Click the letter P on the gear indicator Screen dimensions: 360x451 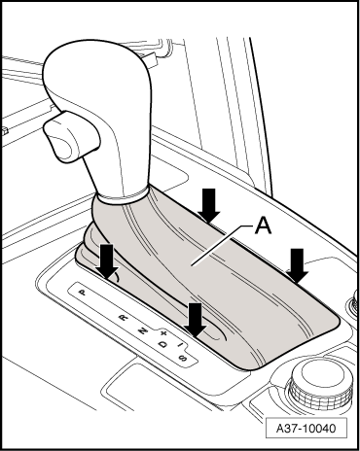[x=83, y=293]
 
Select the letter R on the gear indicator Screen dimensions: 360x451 [x=123, y=317]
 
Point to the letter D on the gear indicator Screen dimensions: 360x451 [x=163, y=344]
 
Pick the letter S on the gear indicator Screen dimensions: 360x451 [x=183, y=358]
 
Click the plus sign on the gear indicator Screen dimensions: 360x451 [x=163, y=333]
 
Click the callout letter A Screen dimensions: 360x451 [x=263, y=225]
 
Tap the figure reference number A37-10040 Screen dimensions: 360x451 [x=306, y=429]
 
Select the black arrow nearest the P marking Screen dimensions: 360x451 [x=107, y=261]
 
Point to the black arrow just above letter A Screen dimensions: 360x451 [x=208, y=205]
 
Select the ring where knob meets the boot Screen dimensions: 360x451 [x=123, y=197]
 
